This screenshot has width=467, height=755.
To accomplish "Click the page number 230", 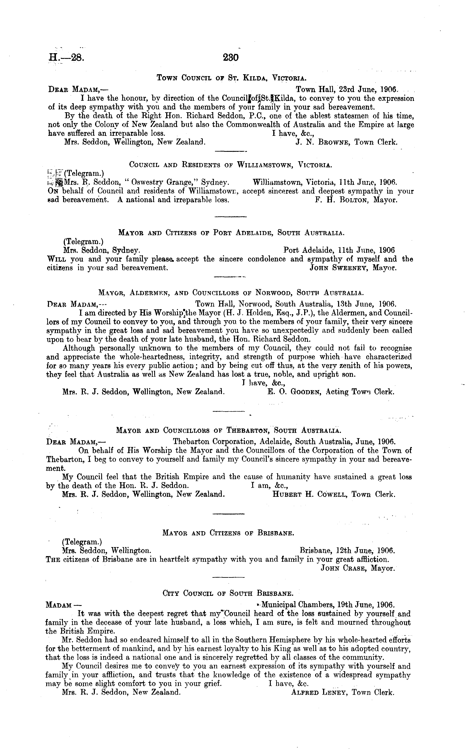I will click(x=230, y=58).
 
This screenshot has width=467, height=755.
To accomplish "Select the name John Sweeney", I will click(x=338, y=268).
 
